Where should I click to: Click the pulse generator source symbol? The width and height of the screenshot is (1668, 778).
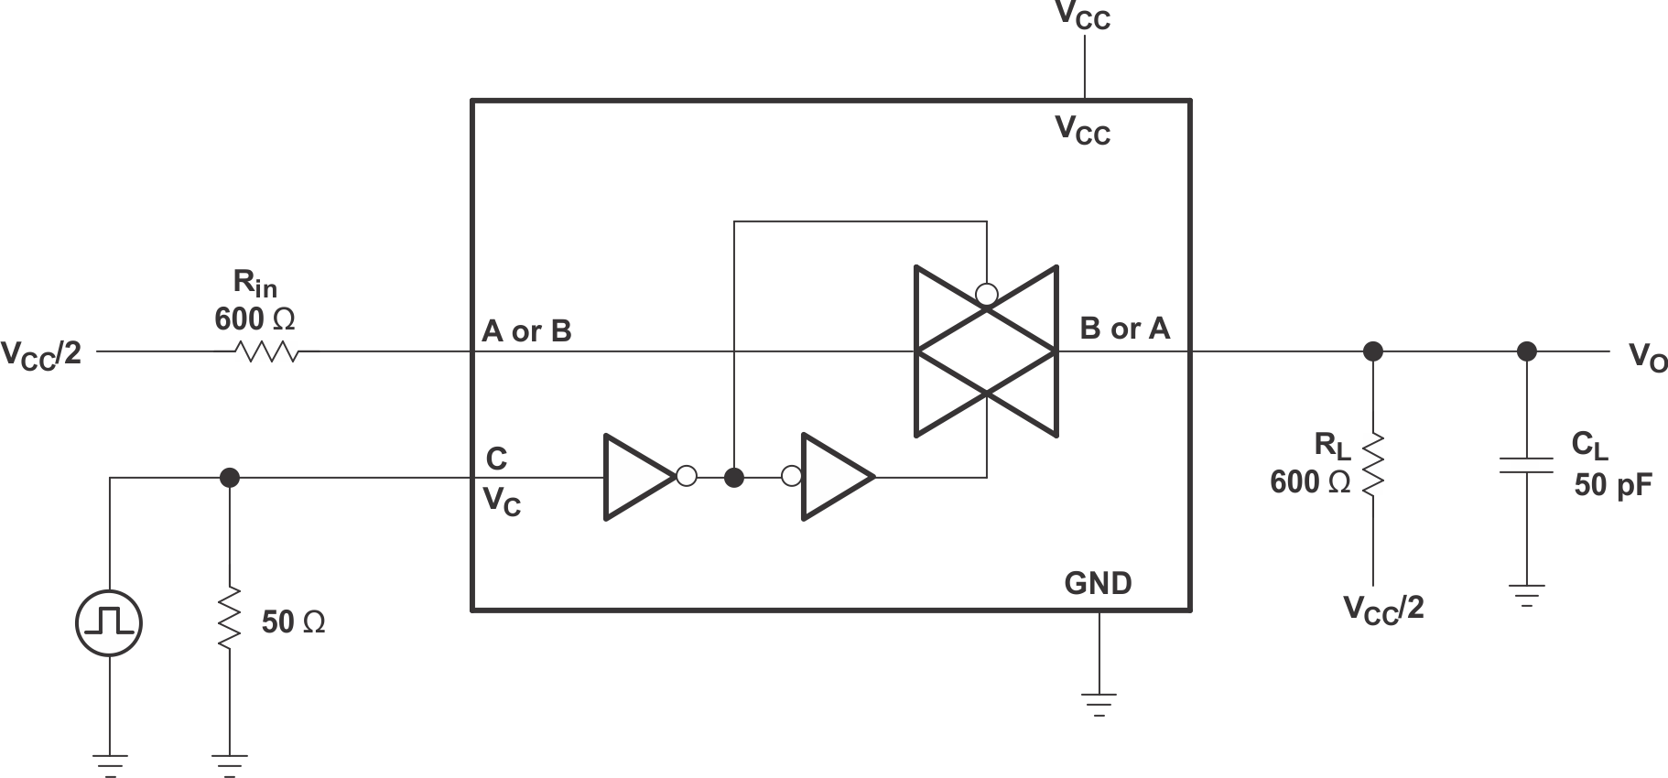(109, 623)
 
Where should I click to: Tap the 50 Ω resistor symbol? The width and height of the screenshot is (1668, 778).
(229, 620)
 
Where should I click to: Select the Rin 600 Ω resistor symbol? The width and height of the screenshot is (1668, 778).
(266, 351)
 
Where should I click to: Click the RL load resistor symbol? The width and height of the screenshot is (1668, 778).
(1372, 466)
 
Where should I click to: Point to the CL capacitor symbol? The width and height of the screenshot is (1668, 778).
(1526, 465)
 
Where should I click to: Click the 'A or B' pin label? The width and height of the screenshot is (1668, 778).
(526, 331)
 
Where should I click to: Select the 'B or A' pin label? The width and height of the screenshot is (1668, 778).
(1124, 329)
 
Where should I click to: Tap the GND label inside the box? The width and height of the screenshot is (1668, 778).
(1098, 583)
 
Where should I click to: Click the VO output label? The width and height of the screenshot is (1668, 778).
(1647, 357)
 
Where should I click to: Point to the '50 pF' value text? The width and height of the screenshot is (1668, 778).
(1613, 485)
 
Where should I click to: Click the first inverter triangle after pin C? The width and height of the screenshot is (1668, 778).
(637, 477)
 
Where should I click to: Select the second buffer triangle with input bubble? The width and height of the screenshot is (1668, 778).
(835, 477)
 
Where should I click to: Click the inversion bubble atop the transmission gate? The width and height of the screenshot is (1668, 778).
(987, 295)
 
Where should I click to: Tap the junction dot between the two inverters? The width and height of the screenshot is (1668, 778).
(733, 477)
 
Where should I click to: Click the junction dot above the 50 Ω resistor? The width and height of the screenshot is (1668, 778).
(230, 477)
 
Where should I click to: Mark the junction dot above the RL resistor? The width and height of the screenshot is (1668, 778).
(1372, 351)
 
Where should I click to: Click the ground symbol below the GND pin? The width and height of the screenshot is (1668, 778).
(1099, 703)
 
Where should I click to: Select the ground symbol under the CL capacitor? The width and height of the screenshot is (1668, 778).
(1526, 595)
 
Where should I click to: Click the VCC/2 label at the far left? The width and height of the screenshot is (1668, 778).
(41, 353)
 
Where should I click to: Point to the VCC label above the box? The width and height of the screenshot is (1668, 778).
(1083, 16)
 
